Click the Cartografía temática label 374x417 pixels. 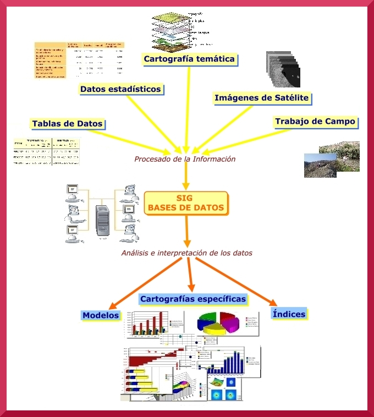coord(189,59)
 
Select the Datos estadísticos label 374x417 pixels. coord(120,89)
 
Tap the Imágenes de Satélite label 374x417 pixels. coord(262,98)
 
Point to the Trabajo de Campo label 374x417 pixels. coord(315,121)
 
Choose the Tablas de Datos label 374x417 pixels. coord(67,124)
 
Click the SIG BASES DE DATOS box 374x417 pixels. coord(186,203)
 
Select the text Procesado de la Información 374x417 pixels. coord(185,159)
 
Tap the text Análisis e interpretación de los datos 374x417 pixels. coord(186,253)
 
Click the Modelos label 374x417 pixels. coord(101,315)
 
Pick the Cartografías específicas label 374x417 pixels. coord(193,299)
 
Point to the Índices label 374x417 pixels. coord(289,314)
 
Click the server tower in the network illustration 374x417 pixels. coord(101,220)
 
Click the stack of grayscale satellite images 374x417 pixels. coord(283,70)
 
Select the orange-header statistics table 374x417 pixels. coord(79,60)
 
